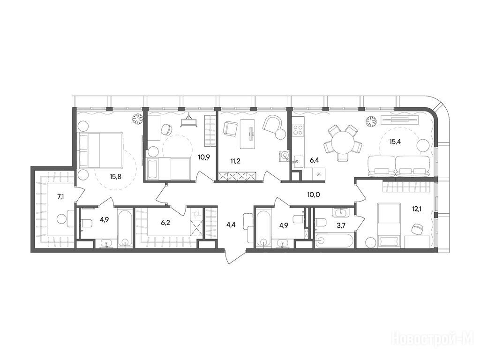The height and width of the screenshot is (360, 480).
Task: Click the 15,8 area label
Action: tap(115, 176)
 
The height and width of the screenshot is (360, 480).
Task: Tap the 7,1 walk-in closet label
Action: tap(61, 196)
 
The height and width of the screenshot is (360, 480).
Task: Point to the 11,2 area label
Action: tap(235, 161)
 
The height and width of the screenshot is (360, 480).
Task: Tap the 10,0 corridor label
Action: tap(314, 194)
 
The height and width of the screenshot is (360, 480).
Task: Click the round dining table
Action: tap(343, 143)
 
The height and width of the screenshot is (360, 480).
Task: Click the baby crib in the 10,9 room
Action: tap(189, 120)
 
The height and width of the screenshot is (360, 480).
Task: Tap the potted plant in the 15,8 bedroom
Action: tap(138, 119)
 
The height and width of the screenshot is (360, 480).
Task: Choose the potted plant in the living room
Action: tap(372, 121)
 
